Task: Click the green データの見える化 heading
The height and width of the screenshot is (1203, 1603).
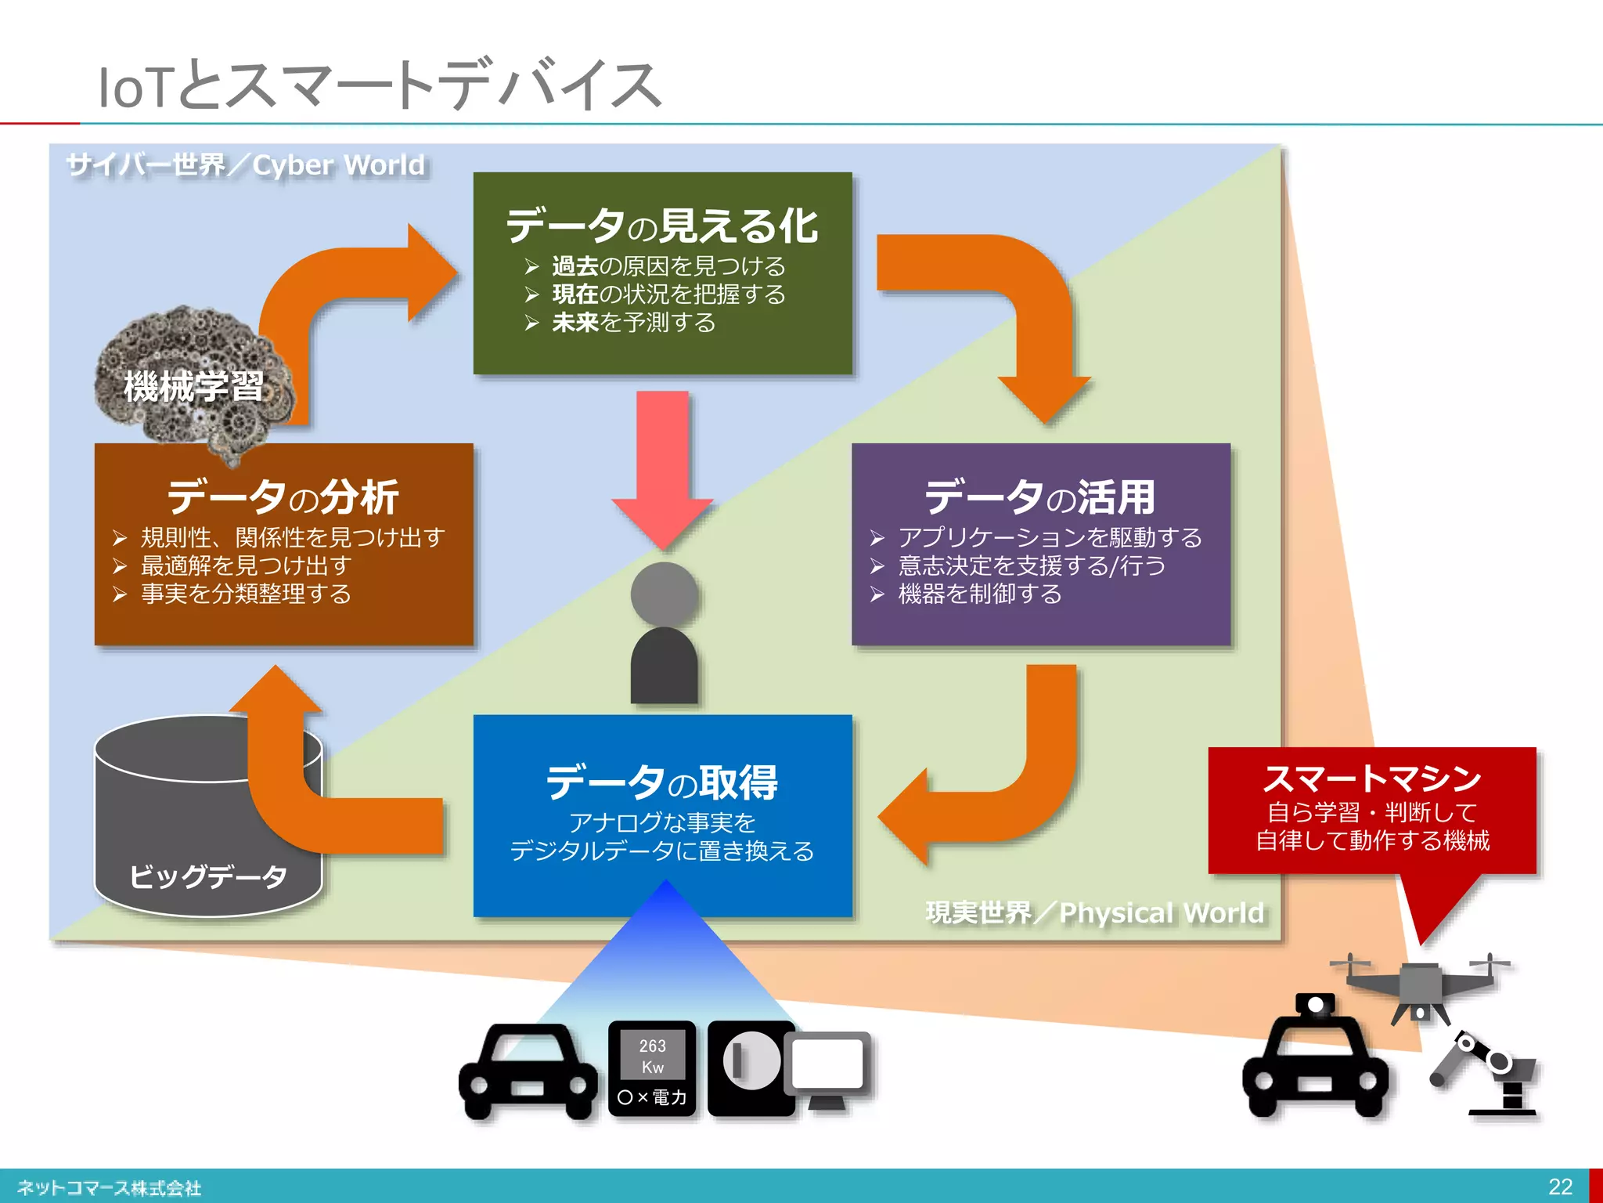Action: click(662, 226)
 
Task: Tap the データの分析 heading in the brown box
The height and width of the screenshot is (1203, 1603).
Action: click(283, 497)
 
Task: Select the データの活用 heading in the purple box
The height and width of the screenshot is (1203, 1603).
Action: click(1040, 497)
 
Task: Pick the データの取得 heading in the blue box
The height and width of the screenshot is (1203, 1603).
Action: click(662, 782)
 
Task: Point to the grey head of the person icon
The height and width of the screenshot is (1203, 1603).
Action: click(664, 594)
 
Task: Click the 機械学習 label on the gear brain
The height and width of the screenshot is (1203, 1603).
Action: click(193, 386)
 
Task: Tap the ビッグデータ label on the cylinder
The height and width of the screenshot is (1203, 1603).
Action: click(208, 876)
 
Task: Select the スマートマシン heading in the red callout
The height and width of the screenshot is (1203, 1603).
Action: click(1372, 779)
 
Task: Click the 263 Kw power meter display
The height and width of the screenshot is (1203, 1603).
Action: click(652, 1056)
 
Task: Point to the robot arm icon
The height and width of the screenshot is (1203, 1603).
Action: click(1487, 1073)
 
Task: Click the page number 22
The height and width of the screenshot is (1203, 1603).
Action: click(1560, 1186)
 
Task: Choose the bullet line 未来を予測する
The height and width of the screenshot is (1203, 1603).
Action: click(633, 323)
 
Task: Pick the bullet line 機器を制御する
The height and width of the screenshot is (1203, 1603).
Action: click(979, 594)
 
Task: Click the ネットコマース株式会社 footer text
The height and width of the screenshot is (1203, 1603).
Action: click(110, 1187)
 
